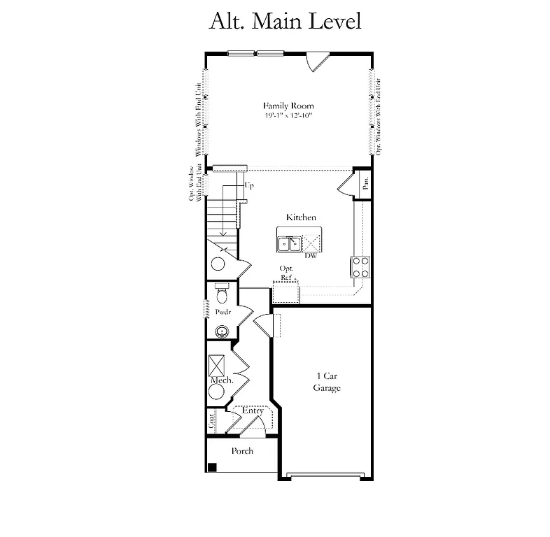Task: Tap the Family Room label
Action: coord(288,106)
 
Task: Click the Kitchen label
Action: coord(300,217)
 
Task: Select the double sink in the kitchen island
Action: coord(288,243)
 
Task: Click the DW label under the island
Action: coord(311,256)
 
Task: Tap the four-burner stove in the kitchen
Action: coord(360,266)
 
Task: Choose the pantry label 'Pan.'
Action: coord(365,183)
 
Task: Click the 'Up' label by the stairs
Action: coord(248,186)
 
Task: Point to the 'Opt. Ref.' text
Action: coord(286,273)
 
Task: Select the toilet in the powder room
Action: coord(222,291)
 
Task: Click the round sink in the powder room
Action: coord(222,331)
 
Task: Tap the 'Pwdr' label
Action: coord(223,312)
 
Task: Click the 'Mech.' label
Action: coord(221,380)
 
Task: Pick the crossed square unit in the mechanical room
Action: coord(216,364)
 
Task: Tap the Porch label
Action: coord(242,451)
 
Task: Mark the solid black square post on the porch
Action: coord(212,467)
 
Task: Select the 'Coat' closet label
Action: coord(211,422)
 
